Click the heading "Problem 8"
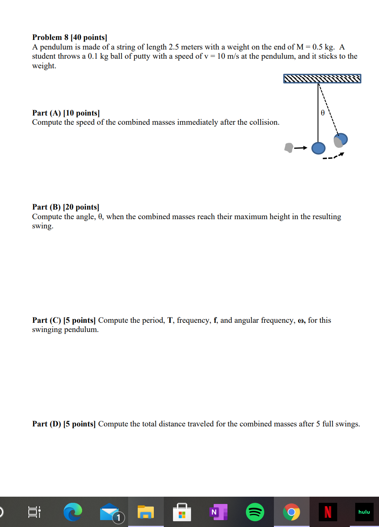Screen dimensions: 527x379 [50, 37]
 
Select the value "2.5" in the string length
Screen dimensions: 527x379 [173, 47]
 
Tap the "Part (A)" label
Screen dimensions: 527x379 [46, 113]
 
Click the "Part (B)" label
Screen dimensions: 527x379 [46, 207]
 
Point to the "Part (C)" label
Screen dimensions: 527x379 [46, 320]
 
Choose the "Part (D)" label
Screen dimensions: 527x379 [46, 424]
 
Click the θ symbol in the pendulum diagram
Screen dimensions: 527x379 [323, 112]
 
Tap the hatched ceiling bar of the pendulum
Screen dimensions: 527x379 [322, 79]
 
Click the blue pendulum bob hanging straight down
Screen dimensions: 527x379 [318, 148]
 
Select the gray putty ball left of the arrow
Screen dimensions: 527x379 [288, 147]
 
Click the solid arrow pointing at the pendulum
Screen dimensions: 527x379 [301, 148]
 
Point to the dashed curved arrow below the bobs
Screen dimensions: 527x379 [333, 156]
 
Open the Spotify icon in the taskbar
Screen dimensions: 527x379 [255, 512]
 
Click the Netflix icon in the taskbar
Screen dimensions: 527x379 [328, 512]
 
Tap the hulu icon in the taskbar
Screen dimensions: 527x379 [364, 512]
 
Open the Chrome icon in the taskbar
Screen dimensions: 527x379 [291, 512]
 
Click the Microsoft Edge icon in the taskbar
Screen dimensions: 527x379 [73, 512]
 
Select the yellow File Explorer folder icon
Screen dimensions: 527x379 [145, 512]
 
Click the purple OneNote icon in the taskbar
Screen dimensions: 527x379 [218, 512]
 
